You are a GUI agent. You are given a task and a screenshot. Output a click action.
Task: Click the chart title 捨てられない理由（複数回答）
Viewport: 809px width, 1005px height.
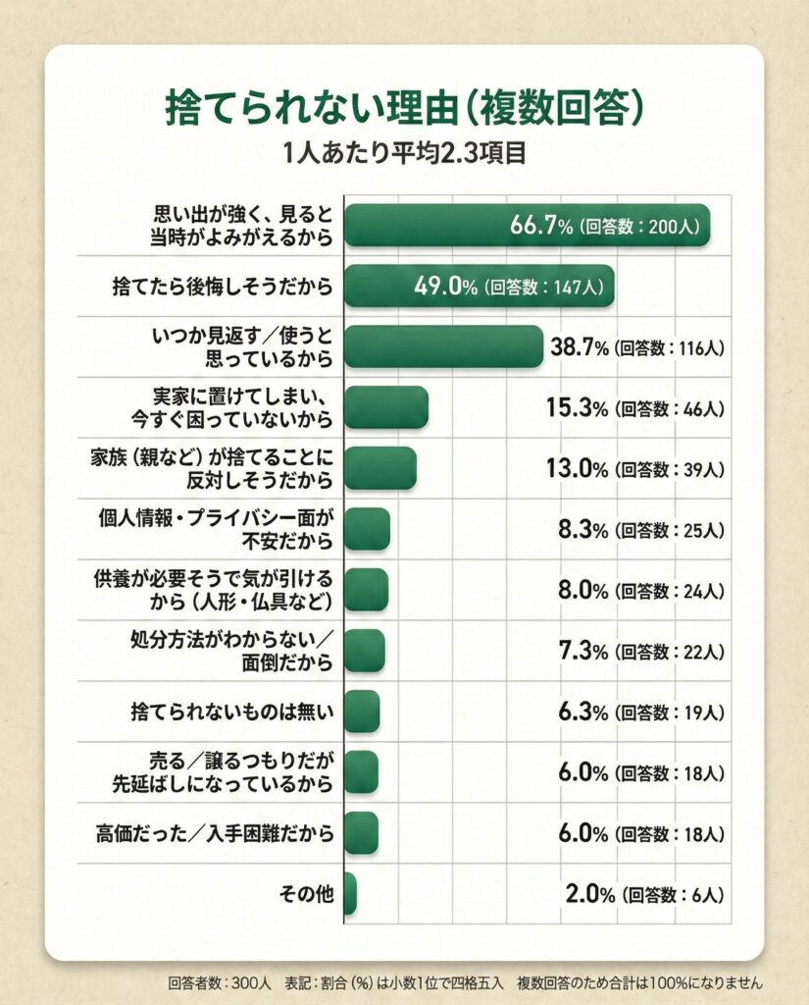point(404,109)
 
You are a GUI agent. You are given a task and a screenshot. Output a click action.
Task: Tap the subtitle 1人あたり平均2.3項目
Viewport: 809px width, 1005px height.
point(404,154)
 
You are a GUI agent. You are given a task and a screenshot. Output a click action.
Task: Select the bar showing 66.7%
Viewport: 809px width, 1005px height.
point(527,225)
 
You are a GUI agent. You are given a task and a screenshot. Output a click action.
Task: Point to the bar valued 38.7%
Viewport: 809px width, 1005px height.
point(443,346)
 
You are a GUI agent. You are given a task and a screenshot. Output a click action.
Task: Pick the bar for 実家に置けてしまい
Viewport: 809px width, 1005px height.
point(385,407)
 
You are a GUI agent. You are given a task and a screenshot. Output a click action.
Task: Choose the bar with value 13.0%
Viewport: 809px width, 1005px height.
point(379,468)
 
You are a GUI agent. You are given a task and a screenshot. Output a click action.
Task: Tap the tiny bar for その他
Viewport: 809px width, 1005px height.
point(350,894)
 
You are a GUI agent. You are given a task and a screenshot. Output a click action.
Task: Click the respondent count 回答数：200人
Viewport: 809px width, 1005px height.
point(639,226)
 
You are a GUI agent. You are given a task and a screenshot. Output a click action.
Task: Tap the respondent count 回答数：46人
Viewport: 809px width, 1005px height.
point(670,408)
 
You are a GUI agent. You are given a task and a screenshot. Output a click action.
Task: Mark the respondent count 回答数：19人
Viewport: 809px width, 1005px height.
point(670,713)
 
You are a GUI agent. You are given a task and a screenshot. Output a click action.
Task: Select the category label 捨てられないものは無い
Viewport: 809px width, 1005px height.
point(232,713)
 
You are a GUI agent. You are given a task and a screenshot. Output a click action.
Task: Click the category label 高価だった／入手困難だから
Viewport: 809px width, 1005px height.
point(216,834)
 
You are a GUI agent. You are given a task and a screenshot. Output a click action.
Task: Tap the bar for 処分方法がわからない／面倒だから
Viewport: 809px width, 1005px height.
point(364,651)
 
